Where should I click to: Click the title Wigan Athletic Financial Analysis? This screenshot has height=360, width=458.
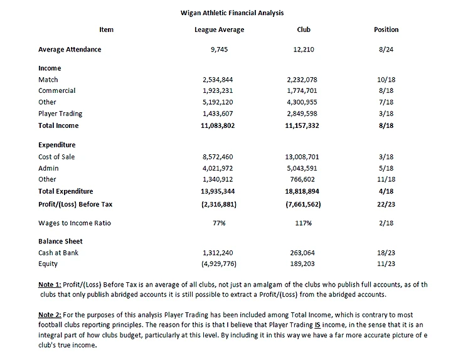tap(230, 12)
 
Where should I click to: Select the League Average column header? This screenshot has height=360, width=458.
tap(219, 29)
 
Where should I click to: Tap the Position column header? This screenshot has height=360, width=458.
tap(386, 29)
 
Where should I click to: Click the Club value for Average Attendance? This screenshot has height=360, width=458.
tap(304, 50)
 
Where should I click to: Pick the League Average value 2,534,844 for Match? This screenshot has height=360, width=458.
tap(219, 80)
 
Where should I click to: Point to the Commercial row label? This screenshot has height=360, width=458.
tap(56, 90)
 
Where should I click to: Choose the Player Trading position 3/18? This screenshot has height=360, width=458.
tap(386, 114)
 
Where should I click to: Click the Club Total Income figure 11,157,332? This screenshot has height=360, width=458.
tap(304, 125)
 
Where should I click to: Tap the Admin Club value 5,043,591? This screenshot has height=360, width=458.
tap(304, 168)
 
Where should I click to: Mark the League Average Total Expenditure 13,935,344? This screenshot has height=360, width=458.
tap(219, 191)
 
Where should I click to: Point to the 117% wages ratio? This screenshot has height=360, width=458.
tap(304, 223)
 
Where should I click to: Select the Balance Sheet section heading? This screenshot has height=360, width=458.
tap(60, 241)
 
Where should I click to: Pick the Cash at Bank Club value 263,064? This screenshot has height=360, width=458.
tap(304, 253)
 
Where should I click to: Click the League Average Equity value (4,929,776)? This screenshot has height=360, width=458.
tap(219, 264)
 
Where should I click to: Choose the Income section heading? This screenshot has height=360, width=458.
tap(50, 68)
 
